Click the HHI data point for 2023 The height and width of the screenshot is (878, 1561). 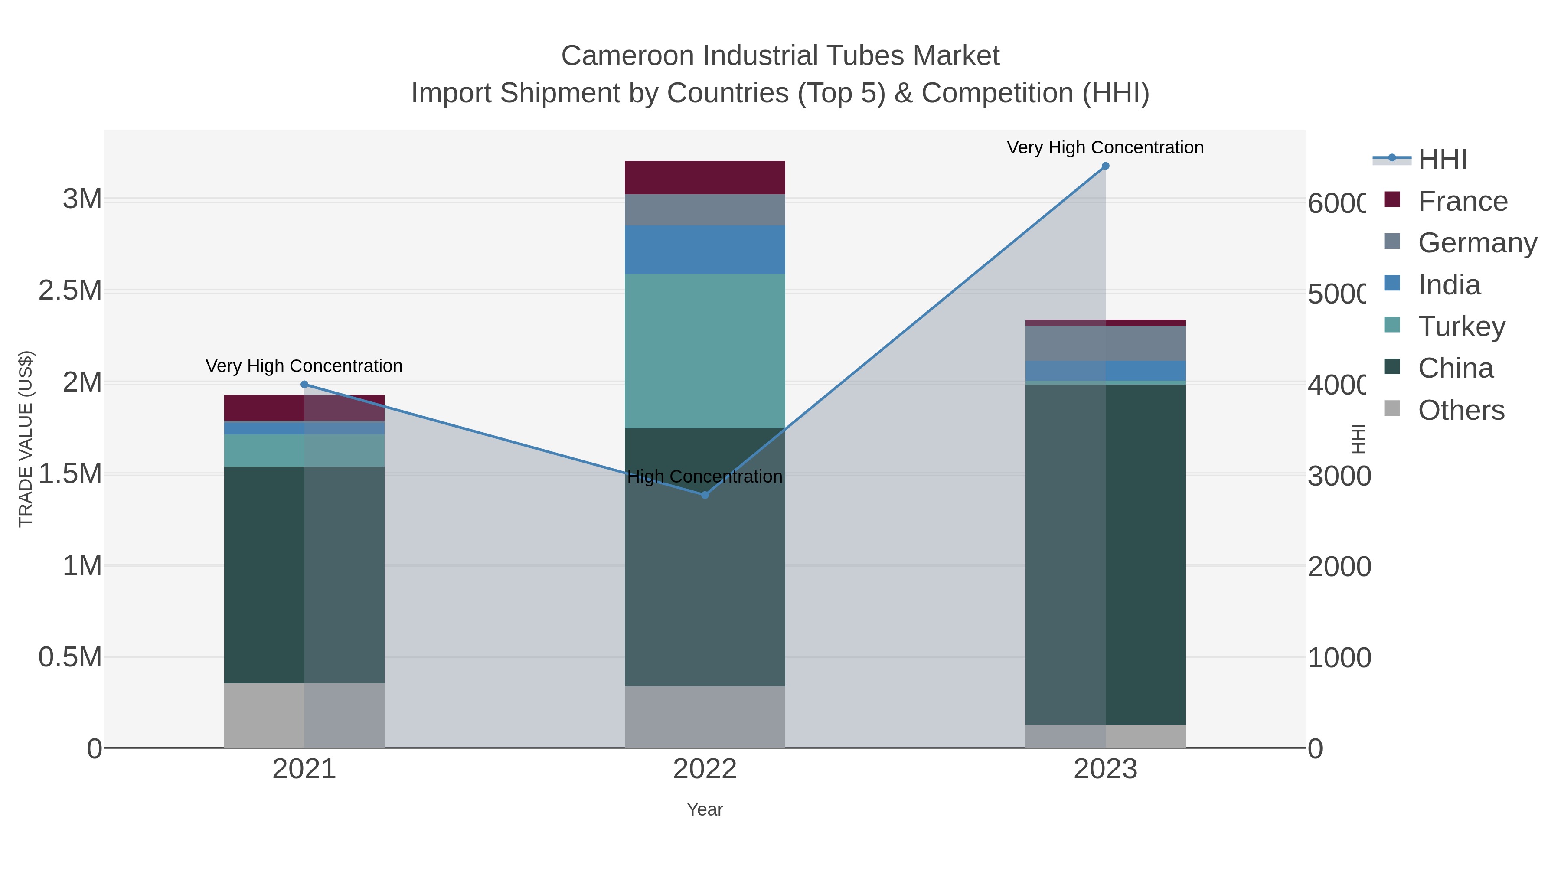tap(1105, 166)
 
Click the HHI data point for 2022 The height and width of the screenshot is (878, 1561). tap(705, 495)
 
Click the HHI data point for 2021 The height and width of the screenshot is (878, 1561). tap(304, 385)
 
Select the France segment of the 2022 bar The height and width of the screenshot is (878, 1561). tap(705, 177)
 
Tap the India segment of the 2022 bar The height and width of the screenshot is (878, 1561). tap(705, 250)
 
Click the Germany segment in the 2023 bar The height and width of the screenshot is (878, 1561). tap(1105, 343)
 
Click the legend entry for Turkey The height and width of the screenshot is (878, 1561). tap(1461, 326)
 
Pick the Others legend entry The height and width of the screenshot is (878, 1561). tap(1461, 410)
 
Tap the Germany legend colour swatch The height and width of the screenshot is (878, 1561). tap(1392, 241)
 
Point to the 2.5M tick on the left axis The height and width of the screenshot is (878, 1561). tap(70, 291)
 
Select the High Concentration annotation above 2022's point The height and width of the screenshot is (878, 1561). tap(705, 477)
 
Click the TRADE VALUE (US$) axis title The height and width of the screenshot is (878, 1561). tap(26, 439)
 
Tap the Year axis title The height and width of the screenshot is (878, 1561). tap(705, 809)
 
